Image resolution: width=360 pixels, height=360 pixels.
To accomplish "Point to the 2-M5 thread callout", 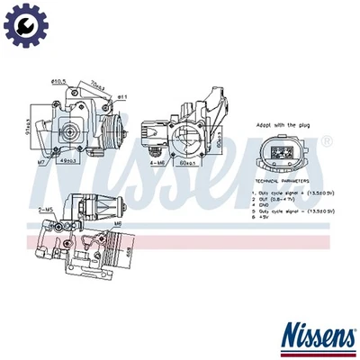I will click(48, 211).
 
